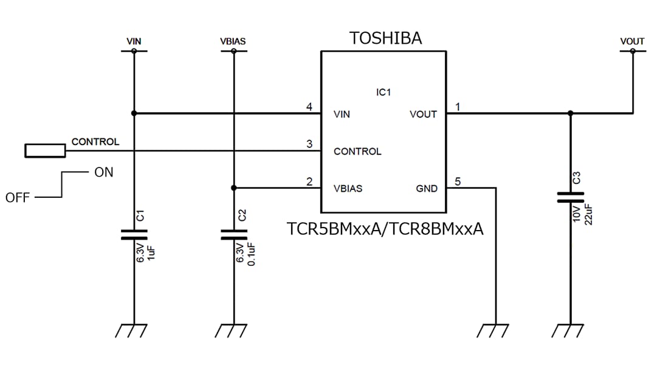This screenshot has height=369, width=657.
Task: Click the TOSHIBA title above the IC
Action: tap(385, 38)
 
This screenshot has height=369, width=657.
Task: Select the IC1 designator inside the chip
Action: tap(384, 92)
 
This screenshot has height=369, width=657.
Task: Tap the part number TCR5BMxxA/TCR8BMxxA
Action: tap(385, 229)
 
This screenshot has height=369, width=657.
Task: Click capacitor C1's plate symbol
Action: tap(134, 234)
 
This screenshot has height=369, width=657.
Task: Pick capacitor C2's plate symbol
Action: tap(233, 234)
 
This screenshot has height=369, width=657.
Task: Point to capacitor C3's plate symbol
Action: tap(570, 197)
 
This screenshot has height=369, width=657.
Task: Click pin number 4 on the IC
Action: tap(309, 107)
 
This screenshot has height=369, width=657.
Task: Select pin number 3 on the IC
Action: tap(309, 144)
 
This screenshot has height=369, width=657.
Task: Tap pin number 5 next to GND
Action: tap(458, 181)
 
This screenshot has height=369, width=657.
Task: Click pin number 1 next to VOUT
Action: tap(458, 107)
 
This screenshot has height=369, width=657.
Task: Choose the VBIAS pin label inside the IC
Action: tap(348, 189)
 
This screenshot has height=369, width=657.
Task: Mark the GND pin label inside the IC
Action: tap(426, 189)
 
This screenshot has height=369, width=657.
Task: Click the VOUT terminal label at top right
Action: tap(632, 41)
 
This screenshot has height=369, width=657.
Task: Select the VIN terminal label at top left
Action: tap(134, 41)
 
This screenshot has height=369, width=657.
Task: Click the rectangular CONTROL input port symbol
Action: tap(45, 151)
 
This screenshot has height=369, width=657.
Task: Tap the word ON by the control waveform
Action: tap(103, 172)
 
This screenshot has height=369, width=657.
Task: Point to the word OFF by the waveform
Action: tap(18, 198)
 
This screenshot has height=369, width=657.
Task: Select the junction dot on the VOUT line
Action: tap(570, 113)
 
